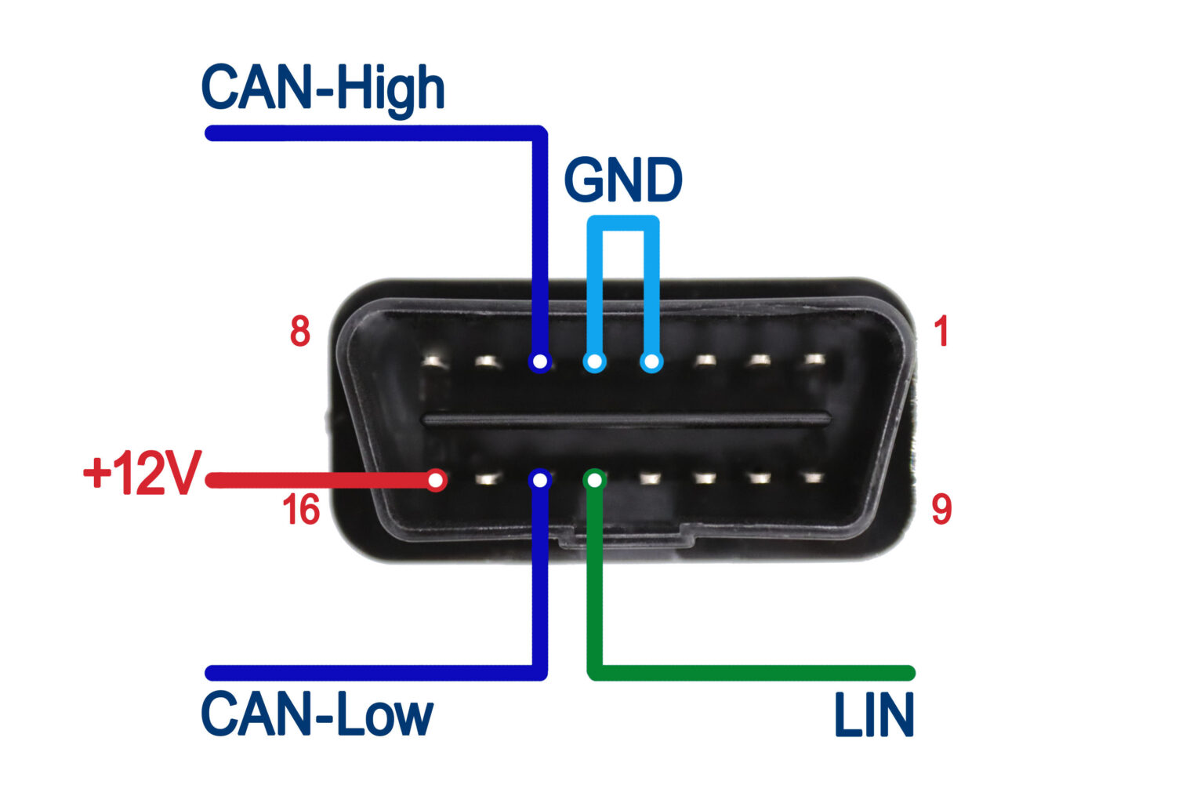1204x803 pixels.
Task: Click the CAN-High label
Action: [x=323, y=88]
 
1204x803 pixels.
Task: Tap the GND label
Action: [x=623, y=181]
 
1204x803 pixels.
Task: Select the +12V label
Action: [x=142, y=474]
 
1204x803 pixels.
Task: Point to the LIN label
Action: [x=873, y=715]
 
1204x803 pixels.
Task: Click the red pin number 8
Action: [x=300, y=332]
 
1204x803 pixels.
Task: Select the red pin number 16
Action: [x=301, y=511]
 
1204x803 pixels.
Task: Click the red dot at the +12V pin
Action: [x=436, y=479]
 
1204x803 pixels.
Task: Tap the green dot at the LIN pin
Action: [x=596, y=478]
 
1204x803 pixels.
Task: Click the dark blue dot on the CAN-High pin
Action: [x=539, y=362]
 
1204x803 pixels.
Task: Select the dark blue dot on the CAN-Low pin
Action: [x=539, y=478]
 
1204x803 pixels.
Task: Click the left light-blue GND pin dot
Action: [x=595, y=362]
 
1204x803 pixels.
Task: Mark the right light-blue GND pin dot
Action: [x=651, y=362]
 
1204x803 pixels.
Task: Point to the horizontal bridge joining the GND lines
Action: [x=623, y=223]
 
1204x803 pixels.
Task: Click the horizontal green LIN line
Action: [x=752, y=673]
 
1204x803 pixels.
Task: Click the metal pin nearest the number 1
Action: [x=814, y=360]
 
